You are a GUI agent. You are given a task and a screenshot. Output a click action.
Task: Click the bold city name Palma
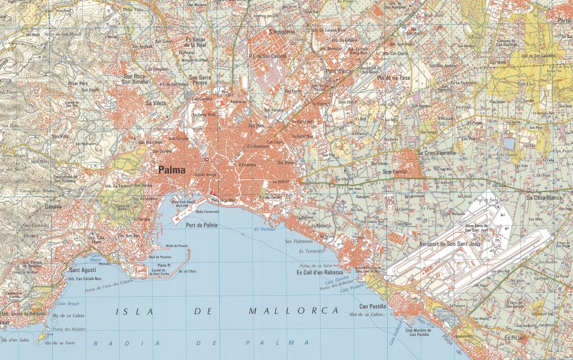click(172, 170)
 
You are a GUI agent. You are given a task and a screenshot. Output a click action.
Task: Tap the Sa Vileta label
click(156, 103)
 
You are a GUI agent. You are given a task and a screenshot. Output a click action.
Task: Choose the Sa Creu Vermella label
click(437, 152)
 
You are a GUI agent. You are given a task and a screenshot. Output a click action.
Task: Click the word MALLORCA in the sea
click(294, 311)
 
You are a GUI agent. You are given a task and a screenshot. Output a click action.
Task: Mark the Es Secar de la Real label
click(196, 43)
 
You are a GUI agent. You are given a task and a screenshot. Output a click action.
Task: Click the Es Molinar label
click(304, 217)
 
